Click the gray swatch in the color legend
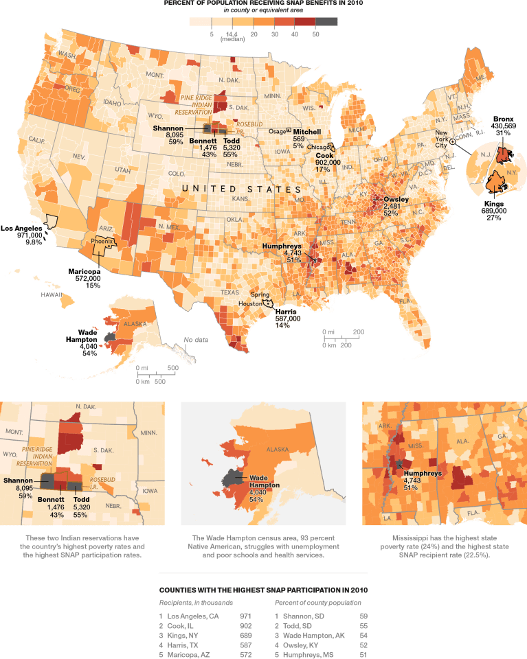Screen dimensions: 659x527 (327, 21)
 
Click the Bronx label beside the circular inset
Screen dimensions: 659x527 (504, 119)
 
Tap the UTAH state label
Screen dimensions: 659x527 (122, 170)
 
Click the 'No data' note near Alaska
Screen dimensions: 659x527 (195, 340)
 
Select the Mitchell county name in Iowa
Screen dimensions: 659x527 (306, 131)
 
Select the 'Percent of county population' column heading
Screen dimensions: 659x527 (318, 602)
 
